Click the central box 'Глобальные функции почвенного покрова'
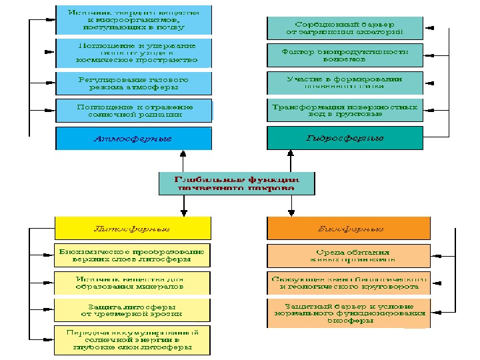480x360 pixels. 237,183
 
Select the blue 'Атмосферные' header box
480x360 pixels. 133,139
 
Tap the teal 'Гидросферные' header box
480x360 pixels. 345,139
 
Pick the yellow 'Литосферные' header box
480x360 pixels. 133,228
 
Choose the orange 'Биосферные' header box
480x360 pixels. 345,228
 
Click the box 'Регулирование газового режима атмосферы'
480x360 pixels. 133,83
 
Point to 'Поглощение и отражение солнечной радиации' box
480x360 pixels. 133,110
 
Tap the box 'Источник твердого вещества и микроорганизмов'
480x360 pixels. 133,20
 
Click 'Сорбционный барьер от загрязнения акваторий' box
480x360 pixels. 345,28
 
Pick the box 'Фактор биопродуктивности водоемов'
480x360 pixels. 345,55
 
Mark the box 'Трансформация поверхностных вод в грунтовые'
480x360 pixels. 345,110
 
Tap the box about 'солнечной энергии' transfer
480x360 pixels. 133,339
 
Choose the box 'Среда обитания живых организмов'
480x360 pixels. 345,255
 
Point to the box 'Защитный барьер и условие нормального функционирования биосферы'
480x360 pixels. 345,313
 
